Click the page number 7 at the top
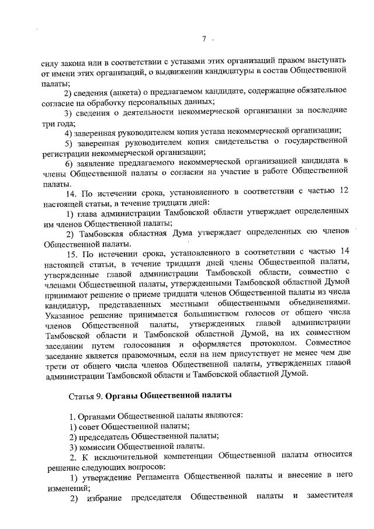[x=205, y=39]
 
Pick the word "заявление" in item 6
[x=92, y=162]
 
